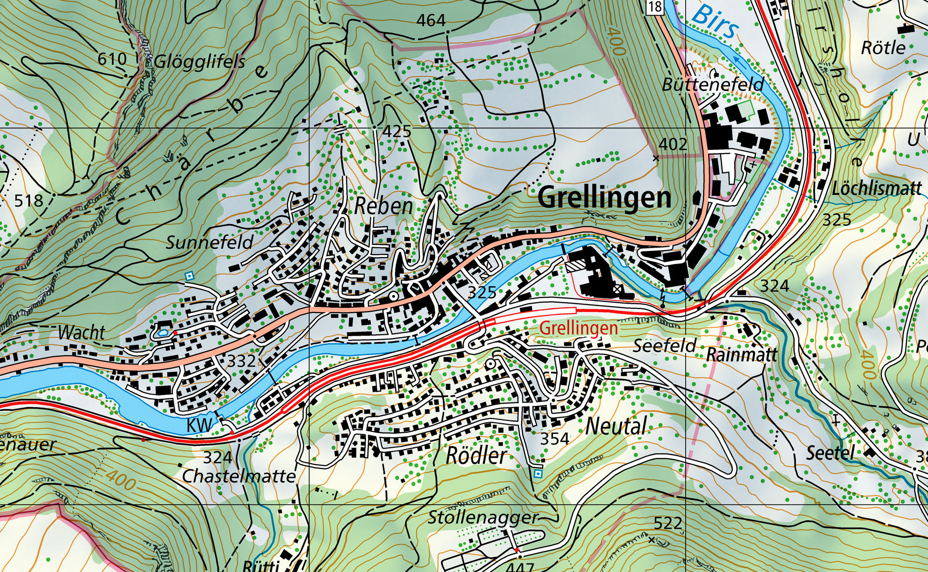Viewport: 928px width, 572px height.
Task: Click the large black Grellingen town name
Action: [x=604, y=198]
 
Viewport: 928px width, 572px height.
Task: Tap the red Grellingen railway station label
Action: [x=578, y=328]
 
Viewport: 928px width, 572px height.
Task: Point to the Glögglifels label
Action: [x=200, y=62]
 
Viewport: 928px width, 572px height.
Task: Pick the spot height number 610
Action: [x=112, y=59]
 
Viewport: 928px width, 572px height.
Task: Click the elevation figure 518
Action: [x=28, y=201]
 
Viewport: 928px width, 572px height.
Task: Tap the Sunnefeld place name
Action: [x=209, y=242]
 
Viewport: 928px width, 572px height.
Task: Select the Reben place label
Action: [x=384, y=206]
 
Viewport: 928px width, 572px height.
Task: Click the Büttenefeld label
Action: [x=712, y=85]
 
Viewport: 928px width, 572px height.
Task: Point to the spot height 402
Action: [x=673, y=145]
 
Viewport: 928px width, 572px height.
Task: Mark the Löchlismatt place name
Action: [x=876, y=189]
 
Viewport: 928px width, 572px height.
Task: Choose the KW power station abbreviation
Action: [x=200, y=425]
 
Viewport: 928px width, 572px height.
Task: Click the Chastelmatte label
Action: [x=239, y=476]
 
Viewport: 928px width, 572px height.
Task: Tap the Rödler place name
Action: [x=476, y=456]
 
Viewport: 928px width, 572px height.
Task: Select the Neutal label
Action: [x=616, y=427]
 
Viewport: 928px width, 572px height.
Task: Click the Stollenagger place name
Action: [x=482, y=518]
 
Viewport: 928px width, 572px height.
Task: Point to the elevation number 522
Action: [x=668, y=523]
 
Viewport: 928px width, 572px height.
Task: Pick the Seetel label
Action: [x=830, y=453]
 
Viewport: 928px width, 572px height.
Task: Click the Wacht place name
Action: [x=81, y=333]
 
